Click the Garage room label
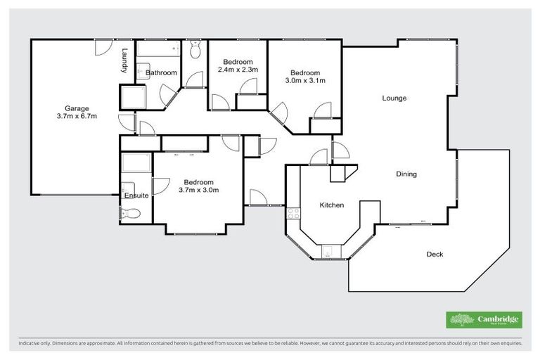77,108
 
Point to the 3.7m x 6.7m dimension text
77,116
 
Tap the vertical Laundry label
124,60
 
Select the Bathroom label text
161,72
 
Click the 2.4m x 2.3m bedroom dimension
238,70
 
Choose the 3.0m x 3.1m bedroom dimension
304,80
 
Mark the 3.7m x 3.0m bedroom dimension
199,189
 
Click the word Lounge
394,98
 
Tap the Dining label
406,174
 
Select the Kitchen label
332,205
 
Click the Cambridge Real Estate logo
484,320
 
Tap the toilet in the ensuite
130,213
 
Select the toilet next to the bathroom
196,49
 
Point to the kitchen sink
328,250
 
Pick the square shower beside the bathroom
134,97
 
